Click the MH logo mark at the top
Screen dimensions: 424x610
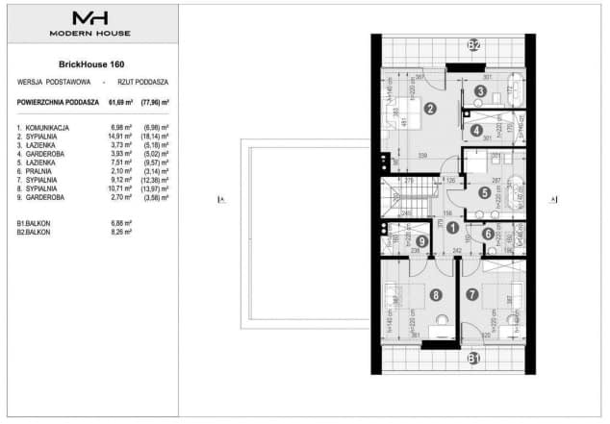click(x=92, y=18)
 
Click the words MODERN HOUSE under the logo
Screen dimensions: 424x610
click(x=92, y=34)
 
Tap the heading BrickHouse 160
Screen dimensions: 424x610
click(x=92, y=64)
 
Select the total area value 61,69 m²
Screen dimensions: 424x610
click(x=119, y=100)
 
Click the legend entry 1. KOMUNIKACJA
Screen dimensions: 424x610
click(x=44, y=127)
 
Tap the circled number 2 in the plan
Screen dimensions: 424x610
click(x=430, y=109)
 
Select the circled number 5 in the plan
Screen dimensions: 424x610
click(x=485, y=192)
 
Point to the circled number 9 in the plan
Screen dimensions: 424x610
click(x=396, y=240)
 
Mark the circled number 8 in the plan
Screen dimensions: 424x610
click(x=436, y=295)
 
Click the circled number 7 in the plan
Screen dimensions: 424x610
click(x=471, y=295)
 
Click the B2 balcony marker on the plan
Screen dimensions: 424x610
click(x=473, y=45)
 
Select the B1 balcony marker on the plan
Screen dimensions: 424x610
click(x=473, y=360)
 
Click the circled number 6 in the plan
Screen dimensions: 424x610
click(x=489, y=234)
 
